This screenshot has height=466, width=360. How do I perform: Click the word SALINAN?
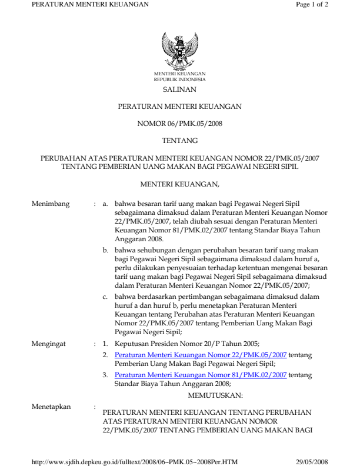[179, 90]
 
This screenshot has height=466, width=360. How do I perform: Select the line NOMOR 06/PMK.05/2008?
[179, 124]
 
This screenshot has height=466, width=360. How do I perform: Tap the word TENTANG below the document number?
[179, 141]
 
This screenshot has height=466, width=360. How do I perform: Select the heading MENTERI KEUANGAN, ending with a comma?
[179, 185]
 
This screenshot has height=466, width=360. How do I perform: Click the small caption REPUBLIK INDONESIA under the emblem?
[179, 78]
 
